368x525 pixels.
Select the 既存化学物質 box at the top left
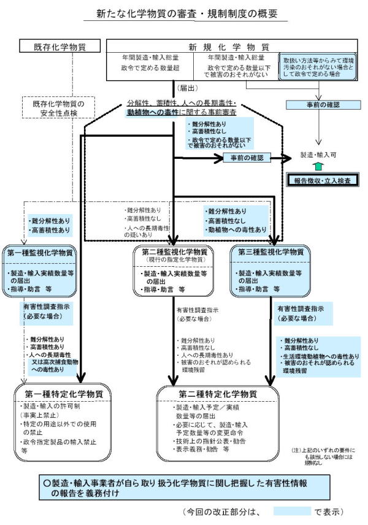coord(60,47)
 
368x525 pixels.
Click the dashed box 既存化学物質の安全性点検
coord(60,108)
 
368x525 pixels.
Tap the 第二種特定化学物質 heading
coord(218,393)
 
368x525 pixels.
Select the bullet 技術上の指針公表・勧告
coord(210,440)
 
